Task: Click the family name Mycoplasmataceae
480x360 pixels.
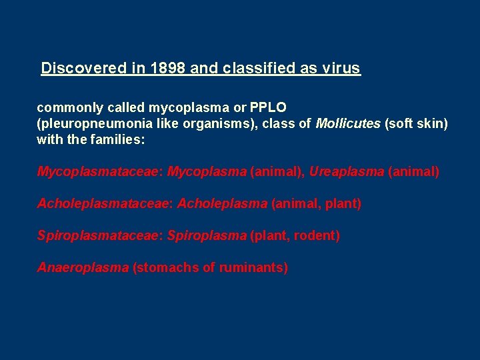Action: [x=99, y=172]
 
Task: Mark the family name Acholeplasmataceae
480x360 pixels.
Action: [x=105, y=204]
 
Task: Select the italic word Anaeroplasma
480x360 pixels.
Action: [x=83, y=268]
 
